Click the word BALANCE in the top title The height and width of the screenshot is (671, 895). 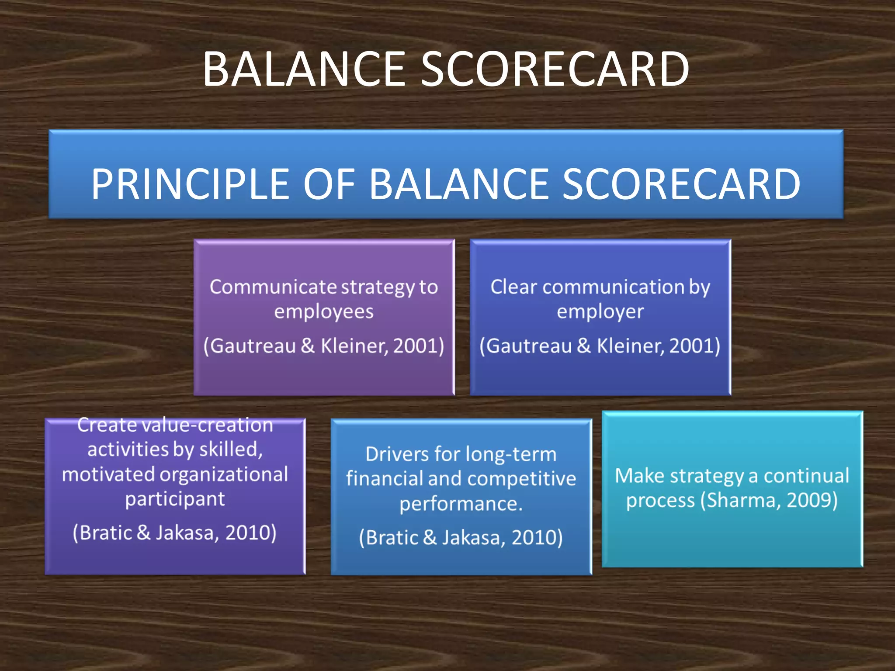pyautogui.click(x=304, y=69)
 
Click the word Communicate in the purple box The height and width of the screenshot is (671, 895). pyautogui.click(x=272, y=287)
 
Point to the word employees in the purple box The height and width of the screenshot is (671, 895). pyautogui.click(x=324, y=312)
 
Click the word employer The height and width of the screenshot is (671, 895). pyautogui.click(x=600, y=312)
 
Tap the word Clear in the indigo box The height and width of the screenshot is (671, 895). pyautogui.click(x=513, y=287)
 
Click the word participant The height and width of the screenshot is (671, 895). pyautogui.click(x=175, y=499)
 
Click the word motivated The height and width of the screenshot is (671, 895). pyautogui.click(x=108, y=474)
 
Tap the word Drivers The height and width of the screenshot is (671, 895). pyautogui.click(x=396, y=454)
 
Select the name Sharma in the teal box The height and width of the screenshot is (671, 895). pyautogui.click(x=741, y=500)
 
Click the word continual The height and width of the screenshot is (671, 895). pyautogui.click(x=806, y=476)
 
